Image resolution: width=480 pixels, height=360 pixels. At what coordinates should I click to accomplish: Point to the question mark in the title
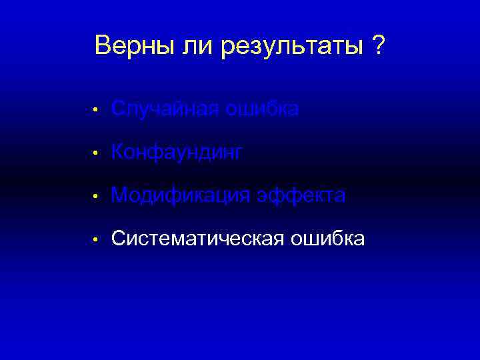(379, 46)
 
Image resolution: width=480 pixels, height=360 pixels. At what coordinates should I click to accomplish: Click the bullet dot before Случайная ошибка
(96, 109)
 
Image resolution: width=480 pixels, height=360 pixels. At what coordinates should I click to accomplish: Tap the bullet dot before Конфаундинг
(96, 153)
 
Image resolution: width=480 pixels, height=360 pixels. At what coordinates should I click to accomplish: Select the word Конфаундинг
(177, 153)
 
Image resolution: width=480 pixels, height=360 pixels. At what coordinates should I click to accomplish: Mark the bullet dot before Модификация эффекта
(96, 197)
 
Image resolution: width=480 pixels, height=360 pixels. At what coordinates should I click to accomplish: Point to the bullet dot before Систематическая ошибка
(96, 239)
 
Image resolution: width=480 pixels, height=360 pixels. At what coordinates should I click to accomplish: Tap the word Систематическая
(198, 239)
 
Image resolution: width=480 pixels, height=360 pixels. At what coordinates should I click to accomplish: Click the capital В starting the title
(102, 46)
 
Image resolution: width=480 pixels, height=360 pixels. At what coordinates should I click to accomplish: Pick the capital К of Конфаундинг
(118, 152)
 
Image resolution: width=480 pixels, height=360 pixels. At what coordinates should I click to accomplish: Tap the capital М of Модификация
(120, 195)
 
